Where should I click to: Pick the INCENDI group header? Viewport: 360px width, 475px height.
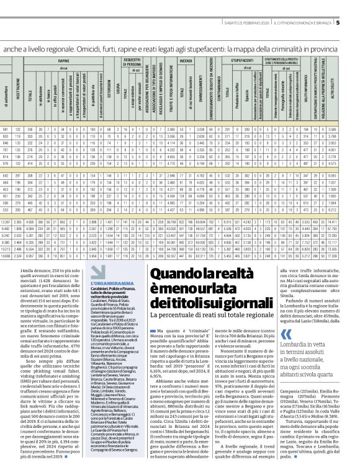click(186, 61)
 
